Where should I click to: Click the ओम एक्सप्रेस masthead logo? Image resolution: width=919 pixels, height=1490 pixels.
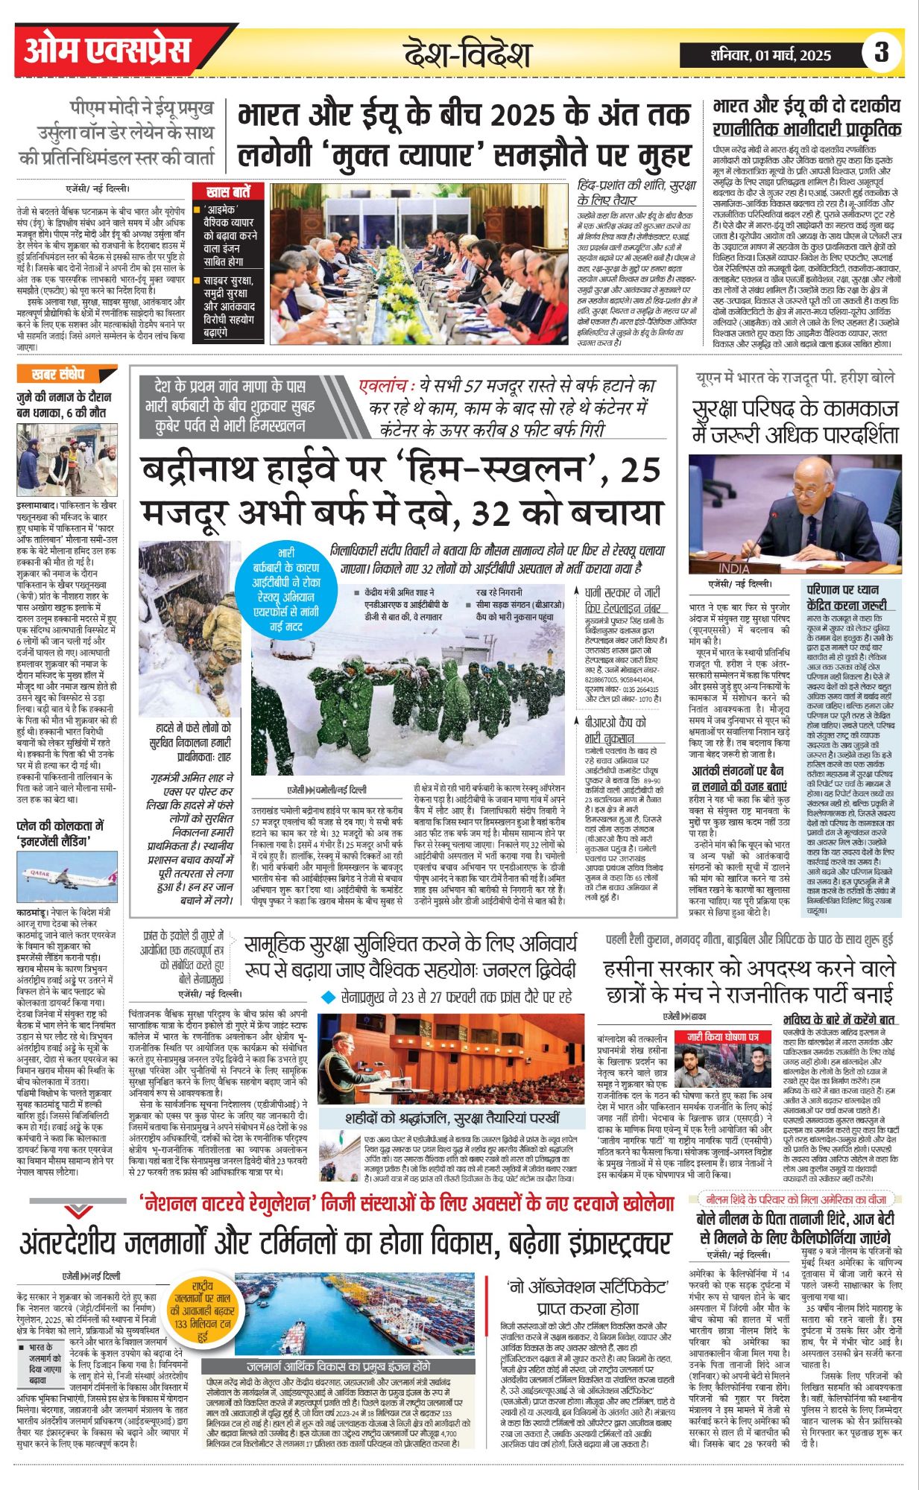[x=108, y=50]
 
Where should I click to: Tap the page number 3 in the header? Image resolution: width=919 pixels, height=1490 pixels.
[x=882, y=52]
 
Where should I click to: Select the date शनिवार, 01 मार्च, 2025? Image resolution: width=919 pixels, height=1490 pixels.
[x=770, y=55]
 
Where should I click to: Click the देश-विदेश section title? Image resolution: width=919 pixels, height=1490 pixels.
[x=467, y=54]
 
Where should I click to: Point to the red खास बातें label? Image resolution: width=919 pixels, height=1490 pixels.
[x=227, y=191]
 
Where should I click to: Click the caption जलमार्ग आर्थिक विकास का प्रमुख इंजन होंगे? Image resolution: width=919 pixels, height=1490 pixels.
[x=338, y=1366]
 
